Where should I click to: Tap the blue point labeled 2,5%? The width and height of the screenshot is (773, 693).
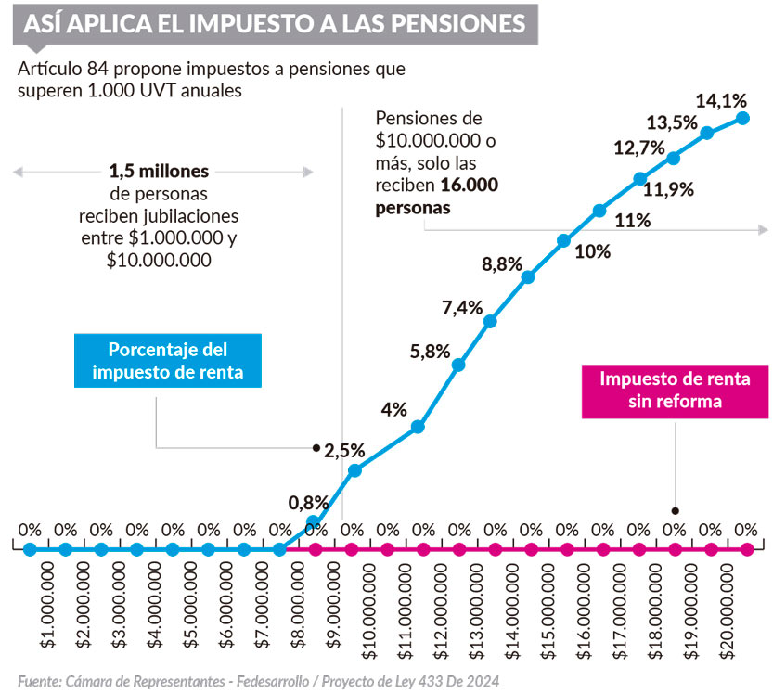354,470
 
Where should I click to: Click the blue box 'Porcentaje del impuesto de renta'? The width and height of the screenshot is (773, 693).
168,362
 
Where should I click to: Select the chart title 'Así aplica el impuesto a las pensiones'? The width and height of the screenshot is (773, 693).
275,23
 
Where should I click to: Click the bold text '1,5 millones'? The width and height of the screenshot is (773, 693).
159,172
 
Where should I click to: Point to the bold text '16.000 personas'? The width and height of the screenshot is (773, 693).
436,197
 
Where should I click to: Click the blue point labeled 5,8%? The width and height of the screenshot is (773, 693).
457,365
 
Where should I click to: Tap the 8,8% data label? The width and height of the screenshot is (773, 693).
501,264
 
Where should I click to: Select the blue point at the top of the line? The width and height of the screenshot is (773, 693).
742,117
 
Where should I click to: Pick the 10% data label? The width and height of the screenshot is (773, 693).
592,251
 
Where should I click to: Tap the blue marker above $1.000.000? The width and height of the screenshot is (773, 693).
30,549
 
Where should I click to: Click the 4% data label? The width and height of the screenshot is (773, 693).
393,408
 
